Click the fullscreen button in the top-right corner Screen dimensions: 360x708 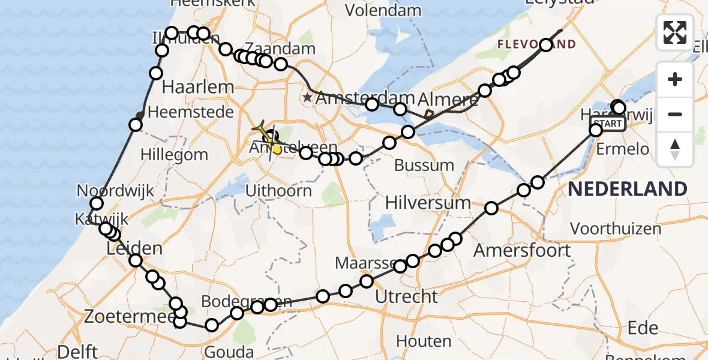(x=675, y=32)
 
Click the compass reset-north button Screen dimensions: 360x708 (x=675, y=149)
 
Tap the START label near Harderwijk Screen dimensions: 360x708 (x=610, y=124)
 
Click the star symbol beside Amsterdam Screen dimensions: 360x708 (x=308, y=97)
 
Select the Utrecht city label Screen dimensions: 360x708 (x=406, y=296)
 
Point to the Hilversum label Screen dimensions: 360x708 (x=428, y=203)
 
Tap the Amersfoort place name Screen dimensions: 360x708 (x=522, y=250)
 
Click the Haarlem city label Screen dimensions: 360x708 (x=198, y=87)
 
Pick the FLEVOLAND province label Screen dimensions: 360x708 (x=536, y=44)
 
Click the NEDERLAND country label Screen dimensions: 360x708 (x=628, y=190)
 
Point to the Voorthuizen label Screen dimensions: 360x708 (x=616, y=229)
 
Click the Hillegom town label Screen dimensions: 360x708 (x=174, y=154)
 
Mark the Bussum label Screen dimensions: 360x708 (x=425, y=165)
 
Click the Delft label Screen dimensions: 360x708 (x=79, y=351)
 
